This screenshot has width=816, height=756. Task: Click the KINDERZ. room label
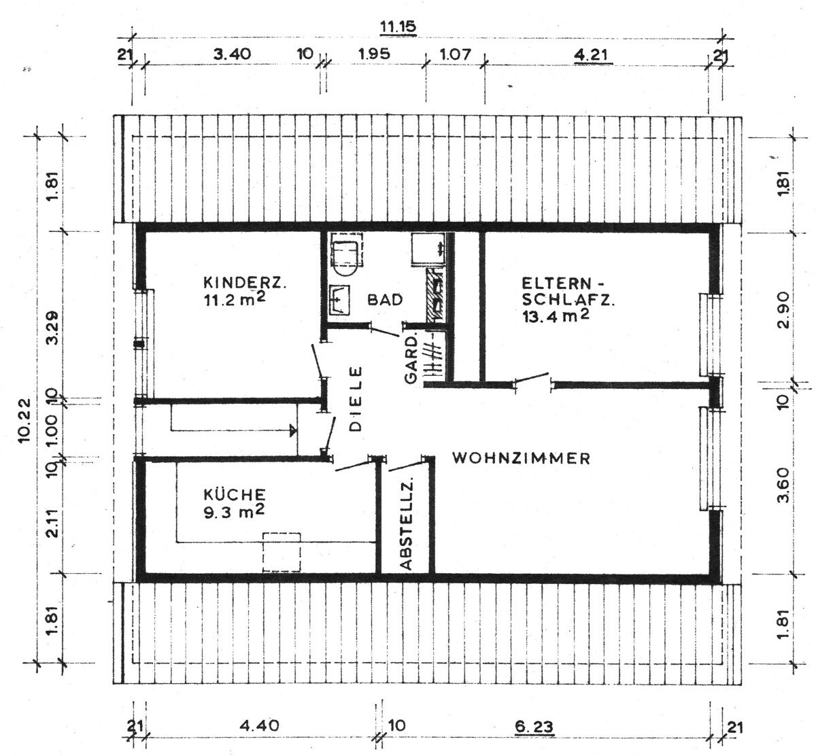[245, 283]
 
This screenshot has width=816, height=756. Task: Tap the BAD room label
[385, 300]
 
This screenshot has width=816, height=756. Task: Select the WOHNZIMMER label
[522, 458]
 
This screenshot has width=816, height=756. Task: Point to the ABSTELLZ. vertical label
[406, 524]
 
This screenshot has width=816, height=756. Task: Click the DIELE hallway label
[356, 399]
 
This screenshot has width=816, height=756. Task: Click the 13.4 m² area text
[556, 316]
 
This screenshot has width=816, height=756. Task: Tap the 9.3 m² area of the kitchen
[234, 511]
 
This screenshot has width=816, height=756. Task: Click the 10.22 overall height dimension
[24, 420]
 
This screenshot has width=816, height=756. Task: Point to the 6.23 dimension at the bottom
[534, 727]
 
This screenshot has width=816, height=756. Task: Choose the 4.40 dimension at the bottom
[259, 725]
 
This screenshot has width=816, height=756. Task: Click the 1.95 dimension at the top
[374, 54]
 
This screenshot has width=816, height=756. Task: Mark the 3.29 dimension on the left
[53, 328]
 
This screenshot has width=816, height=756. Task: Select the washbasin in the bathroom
[339, 300]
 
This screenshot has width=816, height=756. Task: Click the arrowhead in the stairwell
[293, 430]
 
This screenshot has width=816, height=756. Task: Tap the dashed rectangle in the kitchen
[282, 551]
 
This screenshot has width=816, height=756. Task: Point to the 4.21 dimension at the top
[592, 55]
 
